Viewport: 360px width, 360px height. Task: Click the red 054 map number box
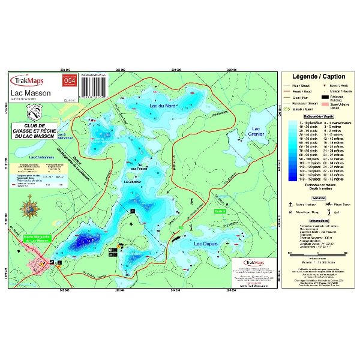point(68,81)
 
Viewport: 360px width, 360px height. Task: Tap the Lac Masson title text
point(28,93)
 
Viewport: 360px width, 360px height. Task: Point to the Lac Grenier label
point(256,131)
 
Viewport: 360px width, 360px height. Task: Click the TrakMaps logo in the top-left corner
point(28,80)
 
